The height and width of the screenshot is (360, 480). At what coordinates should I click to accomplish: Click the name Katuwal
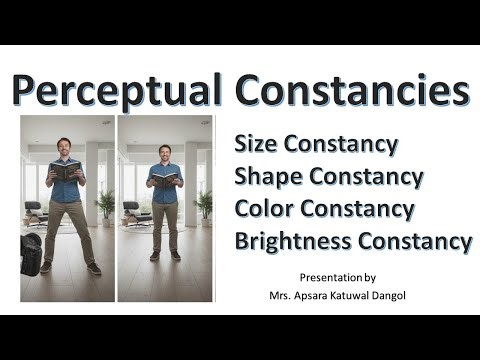click(392, 294)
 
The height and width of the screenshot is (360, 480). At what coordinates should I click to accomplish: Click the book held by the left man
click(64, 171)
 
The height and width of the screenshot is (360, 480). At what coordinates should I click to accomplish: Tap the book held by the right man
click(165, 179)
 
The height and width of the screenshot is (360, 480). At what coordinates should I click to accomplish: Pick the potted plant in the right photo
click(204, 205)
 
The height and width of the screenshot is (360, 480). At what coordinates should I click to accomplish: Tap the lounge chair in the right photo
click(134, 212)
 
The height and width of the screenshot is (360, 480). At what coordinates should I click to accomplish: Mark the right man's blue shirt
click(165, 190)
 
